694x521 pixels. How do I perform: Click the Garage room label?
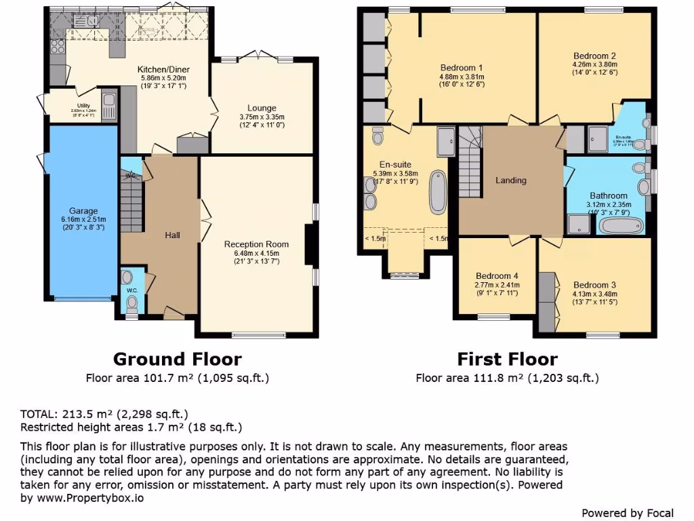click(83, 211)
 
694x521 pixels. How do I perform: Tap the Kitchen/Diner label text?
click(163, 70)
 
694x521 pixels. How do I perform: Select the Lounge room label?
click(262, 108)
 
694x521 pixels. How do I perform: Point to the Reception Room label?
click(256, 244)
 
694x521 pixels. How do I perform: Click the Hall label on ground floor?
click(172, 235)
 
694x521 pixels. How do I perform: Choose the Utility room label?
click(83, 106)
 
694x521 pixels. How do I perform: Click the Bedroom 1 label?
click(461, 68)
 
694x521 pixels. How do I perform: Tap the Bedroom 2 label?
click(594, 56)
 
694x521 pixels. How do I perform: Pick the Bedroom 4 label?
click(497, 276)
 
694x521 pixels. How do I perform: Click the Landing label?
click(511, 180)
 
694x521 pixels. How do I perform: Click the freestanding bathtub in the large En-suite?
click(438, 193)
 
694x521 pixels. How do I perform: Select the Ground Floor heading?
click(177, 359)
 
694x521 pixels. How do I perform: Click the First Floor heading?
click(507, 359)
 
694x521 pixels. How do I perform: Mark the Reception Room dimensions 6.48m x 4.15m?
click(256, 253)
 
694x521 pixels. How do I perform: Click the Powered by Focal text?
click(628, 513)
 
